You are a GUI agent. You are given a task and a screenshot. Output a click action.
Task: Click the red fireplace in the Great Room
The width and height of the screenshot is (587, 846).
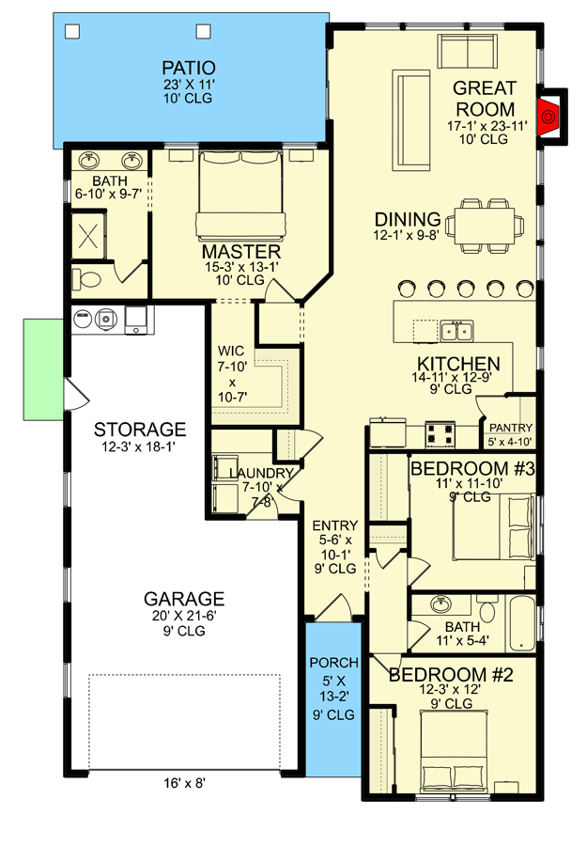point(548,117)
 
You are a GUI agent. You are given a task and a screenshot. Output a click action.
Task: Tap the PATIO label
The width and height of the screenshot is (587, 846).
point(188,68)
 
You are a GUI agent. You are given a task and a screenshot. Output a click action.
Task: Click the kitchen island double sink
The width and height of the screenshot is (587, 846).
point(457,330)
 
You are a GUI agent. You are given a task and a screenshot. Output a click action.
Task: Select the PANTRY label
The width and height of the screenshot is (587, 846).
point(509,428)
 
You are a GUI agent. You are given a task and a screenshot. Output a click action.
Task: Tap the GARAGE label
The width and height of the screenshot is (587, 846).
point(184,599)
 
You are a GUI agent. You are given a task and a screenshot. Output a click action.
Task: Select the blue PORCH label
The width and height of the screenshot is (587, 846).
point(333,662)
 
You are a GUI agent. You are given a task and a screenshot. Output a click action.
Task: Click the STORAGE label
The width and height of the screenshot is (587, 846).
point(140,430)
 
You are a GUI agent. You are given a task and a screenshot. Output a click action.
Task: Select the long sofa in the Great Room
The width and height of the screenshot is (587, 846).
point(410,117)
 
